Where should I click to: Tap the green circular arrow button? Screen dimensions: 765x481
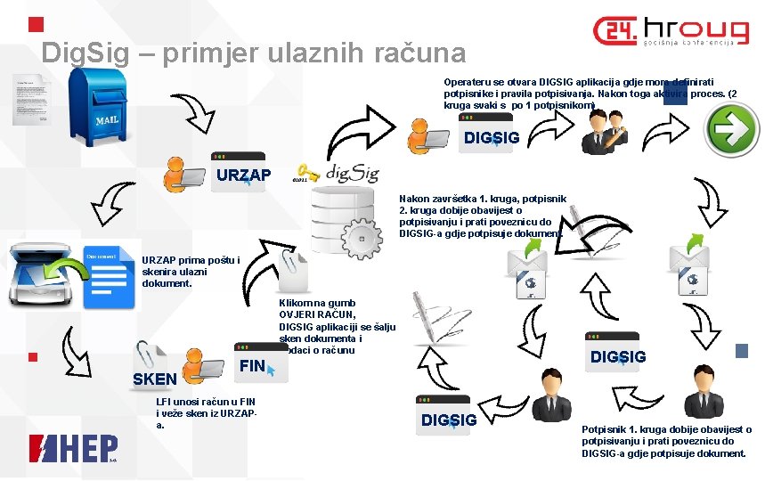(732, 130)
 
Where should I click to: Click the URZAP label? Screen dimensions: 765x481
(244, 174)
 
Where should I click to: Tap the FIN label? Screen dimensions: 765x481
(253, 365)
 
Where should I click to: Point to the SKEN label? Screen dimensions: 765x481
(154, 379)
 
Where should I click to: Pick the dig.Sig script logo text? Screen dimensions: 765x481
(353, 172)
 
